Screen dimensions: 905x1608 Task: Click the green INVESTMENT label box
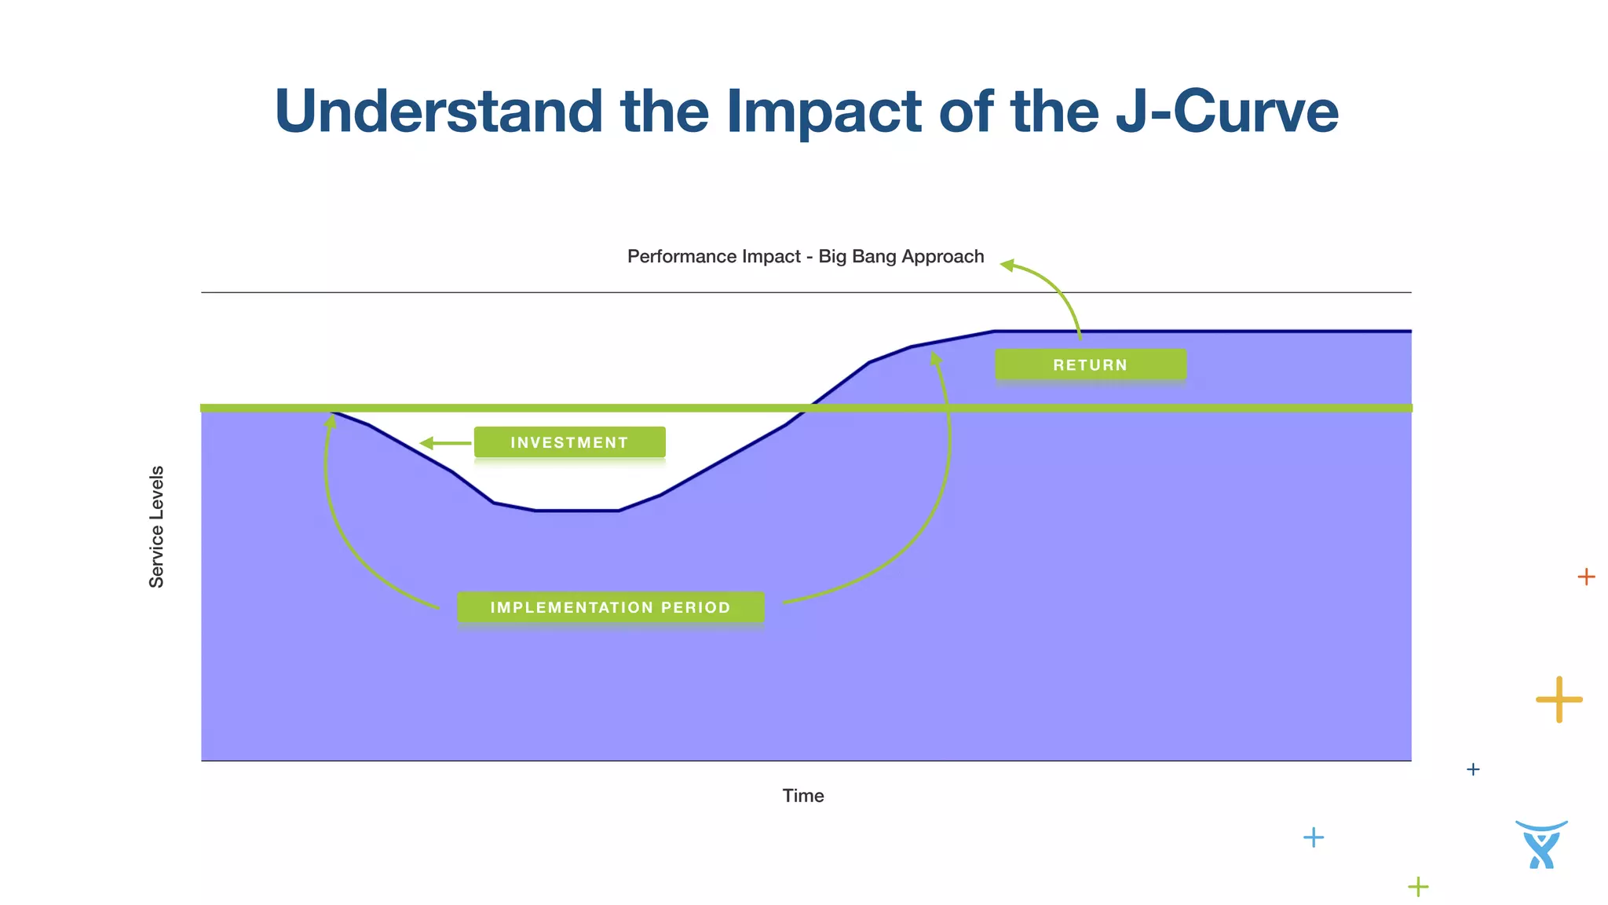tap(569, 442)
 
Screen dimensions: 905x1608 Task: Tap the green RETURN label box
tap(1090, 365)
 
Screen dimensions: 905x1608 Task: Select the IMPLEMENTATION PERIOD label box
tap(610, 607)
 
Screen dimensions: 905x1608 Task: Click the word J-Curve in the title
tap(1226, 112)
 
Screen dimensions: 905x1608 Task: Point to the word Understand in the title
tap(438, 112)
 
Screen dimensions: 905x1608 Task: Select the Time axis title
tap(802, 796)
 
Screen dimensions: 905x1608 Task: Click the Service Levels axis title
tap(157, 526)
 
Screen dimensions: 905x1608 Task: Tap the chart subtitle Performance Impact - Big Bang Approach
tap(805, 257)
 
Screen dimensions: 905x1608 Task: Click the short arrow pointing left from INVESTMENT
tap(444, 444)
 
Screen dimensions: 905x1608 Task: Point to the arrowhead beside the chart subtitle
tap(1007, 266)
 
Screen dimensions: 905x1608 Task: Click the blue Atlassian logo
tap(1541, 845)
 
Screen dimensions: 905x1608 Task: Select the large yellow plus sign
tap(1559, 699)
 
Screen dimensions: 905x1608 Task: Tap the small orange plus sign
tap(1586, 577)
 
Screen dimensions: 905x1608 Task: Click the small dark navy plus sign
tap(1473, 769)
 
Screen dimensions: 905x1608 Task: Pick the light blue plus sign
tap(1314, 837)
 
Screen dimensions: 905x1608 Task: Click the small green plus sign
tap(1418, 887)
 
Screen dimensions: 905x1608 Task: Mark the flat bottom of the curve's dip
tap(577, 511)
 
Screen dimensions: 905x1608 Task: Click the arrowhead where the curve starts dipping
tap(331, 422)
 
